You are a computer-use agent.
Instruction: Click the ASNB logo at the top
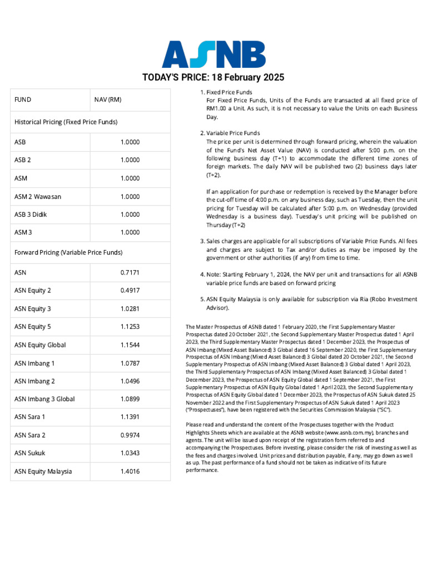point(213,54)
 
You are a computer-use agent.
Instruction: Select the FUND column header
point(23,99)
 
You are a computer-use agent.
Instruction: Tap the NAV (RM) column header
point(108,99)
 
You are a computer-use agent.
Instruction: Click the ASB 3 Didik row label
point(31,214)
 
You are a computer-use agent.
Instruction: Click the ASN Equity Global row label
point(40,345)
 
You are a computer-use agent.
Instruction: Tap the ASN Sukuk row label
point(31,453)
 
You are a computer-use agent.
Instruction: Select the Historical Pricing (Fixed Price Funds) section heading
point(66,122)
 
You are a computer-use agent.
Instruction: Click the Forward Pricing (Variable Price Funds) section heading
point(68,252)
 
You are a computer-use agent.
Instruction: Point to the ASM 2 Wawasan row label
point(38,196)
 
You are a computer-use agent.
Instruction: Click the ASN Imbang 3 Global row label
point(44,399)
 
